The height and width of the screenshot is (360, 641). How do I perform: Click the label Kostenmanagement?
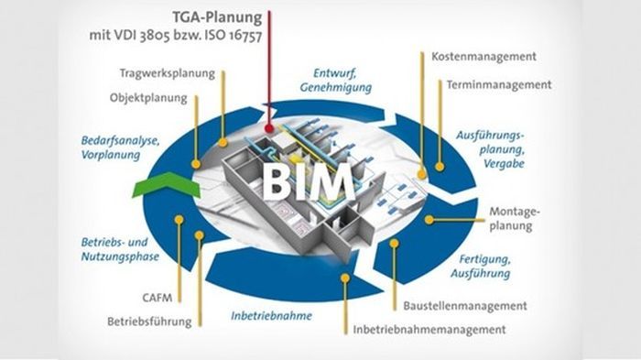pos(483,57)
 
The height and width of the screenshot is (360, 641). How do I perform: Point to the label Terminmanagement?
pos(499,84)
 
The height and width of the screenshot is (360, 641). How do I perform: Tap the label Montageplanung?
pos(515,218)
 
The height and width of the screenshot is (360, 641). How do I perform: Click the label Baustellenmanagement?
pos(465,305)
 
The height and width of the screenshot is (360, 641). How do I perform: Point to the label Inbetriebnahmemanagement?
pos(427,329)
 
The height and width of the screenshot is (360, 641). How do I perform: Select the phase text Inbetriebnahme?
pos(271,316)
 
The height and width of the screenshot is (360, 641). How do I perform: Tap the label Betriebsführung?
pos(149,322)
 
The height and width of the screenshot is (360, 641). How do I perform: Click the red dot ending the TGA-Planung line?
pos(270,128)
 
